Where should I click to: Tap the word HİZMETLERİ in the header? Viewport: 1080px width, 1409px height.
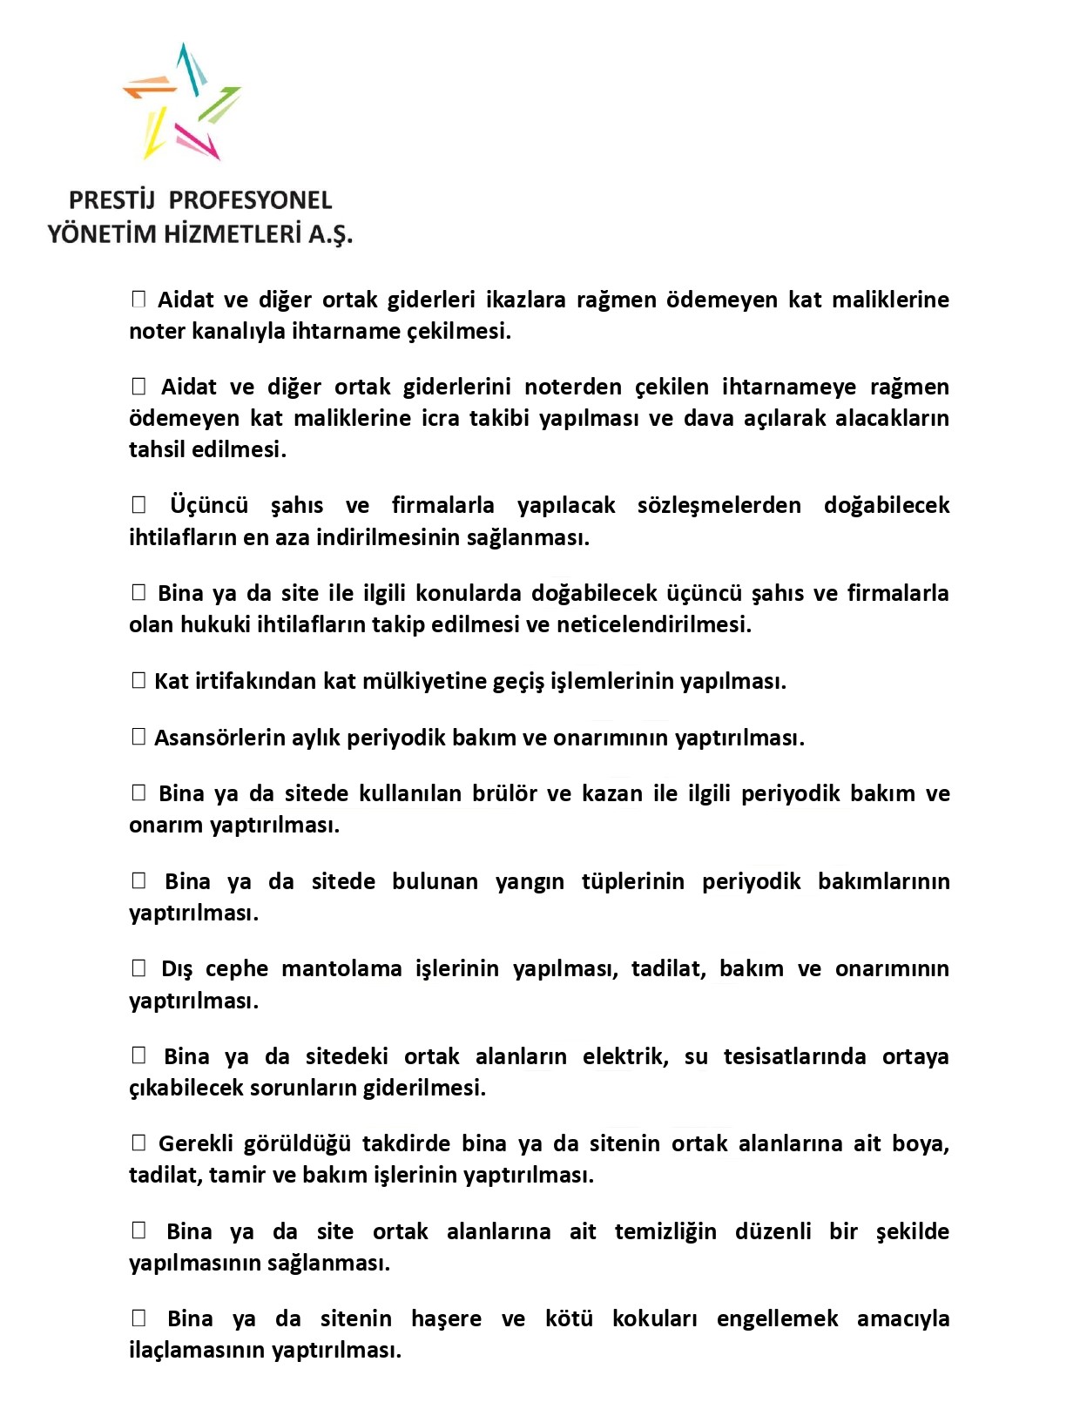(226, 234)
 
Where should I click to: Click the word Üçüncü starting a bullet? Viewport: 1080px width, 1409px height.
(209, 506)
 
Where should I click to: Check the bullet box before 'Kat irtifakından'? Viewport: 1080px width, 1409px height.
(138, 681)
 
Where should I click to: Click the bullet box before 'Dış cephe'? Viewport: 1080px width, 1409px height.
(138, 968)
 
